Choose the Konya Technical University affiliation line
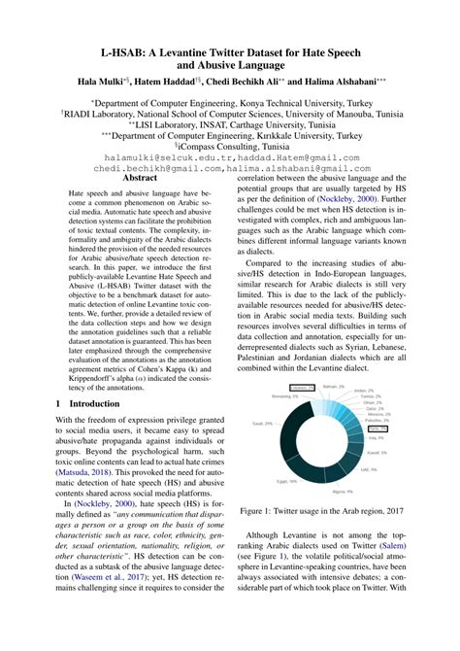(230, 101)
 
